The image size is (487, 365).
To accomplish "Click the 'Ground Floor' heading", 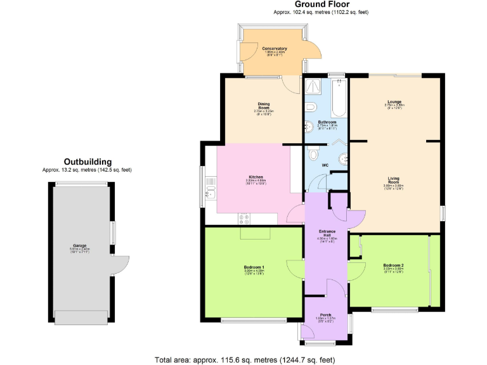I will pos(321,4).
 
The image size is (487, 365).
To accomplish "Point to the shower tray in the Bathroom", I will pos(314,86).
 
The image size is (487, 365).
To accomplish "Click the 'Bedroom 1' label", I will pos(254,267).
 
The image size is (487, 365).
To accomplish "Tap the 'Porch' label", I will pos(325,315).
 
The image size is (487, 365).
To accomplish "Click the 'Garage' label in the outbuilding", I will pos(79,245).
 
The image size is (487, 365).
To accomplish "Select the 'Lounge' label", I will pos(393,101).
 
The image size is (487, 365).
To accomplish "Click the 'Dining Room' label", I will pos(264,106).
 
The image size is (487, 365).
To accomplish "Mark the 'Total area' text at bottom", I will pos(245,359).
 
